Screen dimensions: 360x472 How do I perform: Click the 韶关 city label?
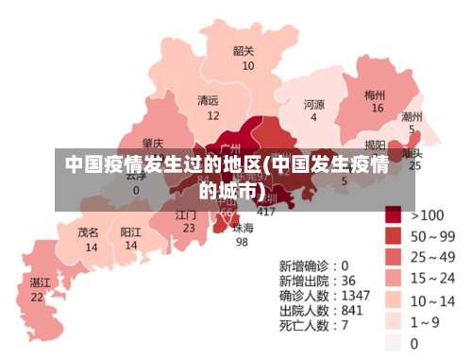click(x=243, y=51)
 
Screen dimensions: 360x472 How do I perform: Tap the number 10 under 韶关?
click(x=247, y=66)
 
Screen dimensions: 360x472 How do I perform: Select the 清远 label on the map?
click(x=208, y=100)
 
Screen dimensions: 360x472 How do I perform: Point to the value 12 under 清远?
click(x=213, y=115)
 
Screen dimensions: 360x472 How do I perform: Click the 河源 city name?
click(x=313, y=104)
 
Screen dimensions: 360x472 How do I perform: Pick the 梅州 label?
click(x=375, y=94)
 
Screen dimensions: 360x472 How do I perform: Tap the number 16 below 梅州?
click(x=378, y=109)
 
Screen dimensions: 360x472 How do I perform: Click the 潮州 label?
click(x=412, y=116)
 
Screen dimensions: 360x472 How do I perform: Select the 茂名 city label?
click(x=89, y=231)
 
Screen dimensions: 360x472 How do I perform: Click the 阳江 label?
click(x=131, y=231)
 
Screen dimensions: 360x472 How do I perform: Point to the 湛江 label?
click(x=40, y=283)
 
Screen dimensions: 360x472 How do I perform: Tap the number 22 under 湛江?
click(x=37, y=297)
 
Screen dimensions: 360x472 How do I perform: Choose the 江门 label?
click(x=186, y=214)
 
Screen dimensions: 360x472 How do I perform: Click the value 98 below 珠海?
click(x=242, y=242)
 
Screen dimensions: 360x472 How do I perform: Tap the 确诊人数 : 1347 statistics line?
click(x=324, y=295)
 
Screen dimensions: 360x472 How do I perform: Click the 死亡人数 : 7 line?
click(x=313, y=325)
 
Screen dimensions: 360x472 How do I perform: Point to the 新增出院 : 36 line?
click(x=317, y=281)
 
